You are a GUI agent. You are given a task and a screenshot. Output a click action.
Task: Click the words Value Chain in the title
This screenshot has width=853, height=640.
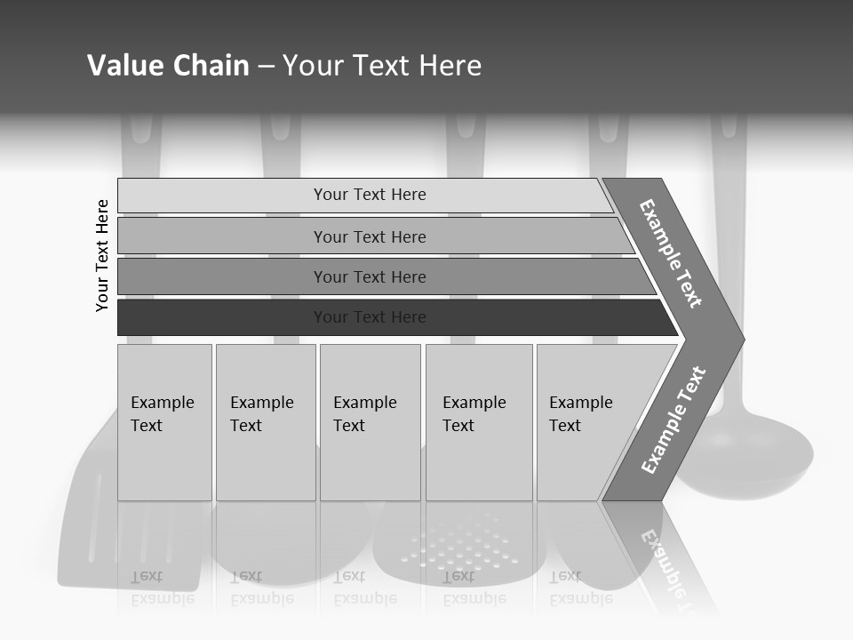[x=168, y=66]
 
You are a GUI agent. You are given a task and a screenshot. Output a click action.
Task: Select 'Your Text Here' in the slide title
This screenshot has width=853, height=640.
[x=382, y=66]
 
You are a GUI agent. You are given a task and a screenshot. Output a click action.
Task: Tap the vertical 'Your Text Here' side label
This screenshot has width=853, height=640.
[x=102, y=255]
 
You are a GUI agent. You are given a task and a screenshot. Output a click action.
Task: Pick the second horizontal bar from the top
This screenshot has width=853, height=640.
[x=369, y=236]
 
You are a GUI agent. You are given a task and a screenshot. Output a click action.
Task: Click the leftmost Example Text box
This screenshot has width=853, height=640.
[x=164, y=421]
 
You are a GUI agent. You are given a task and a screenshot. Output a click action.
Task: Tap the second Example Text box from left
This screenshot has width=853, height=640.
[x=266, y=421]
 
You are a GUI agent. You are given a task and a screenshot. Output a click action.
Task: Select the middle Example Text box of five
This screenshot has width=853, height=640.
[x=370, y=421]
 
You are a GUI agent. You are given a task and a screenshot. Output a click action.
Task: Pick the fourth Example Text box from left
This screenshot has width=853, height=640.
[x=479, y=421]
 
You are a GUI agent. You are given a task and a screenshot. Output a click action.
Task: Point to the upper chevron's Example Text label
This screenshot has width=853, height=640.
[x=671, y=253]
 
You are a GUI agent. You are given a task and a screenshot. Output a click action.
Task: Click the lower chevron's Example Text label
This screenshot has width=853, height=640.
[x=674, y=420]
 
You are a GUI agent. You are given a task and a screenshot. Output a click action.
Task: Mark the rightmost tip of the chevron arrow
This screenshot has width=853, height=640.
[x=743, y=340]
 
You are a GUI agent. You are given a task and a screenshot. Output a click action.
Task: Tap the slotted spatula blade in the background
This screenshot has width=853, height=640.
[x=89, y=533]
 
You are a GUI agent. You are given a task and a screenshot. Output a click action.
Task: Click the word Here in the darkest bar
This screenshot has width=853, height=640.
[x=409, y=317]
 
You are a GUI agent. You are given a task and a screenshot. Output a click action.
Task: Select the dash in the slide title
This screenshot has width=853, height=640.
[x=266, y=67]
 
